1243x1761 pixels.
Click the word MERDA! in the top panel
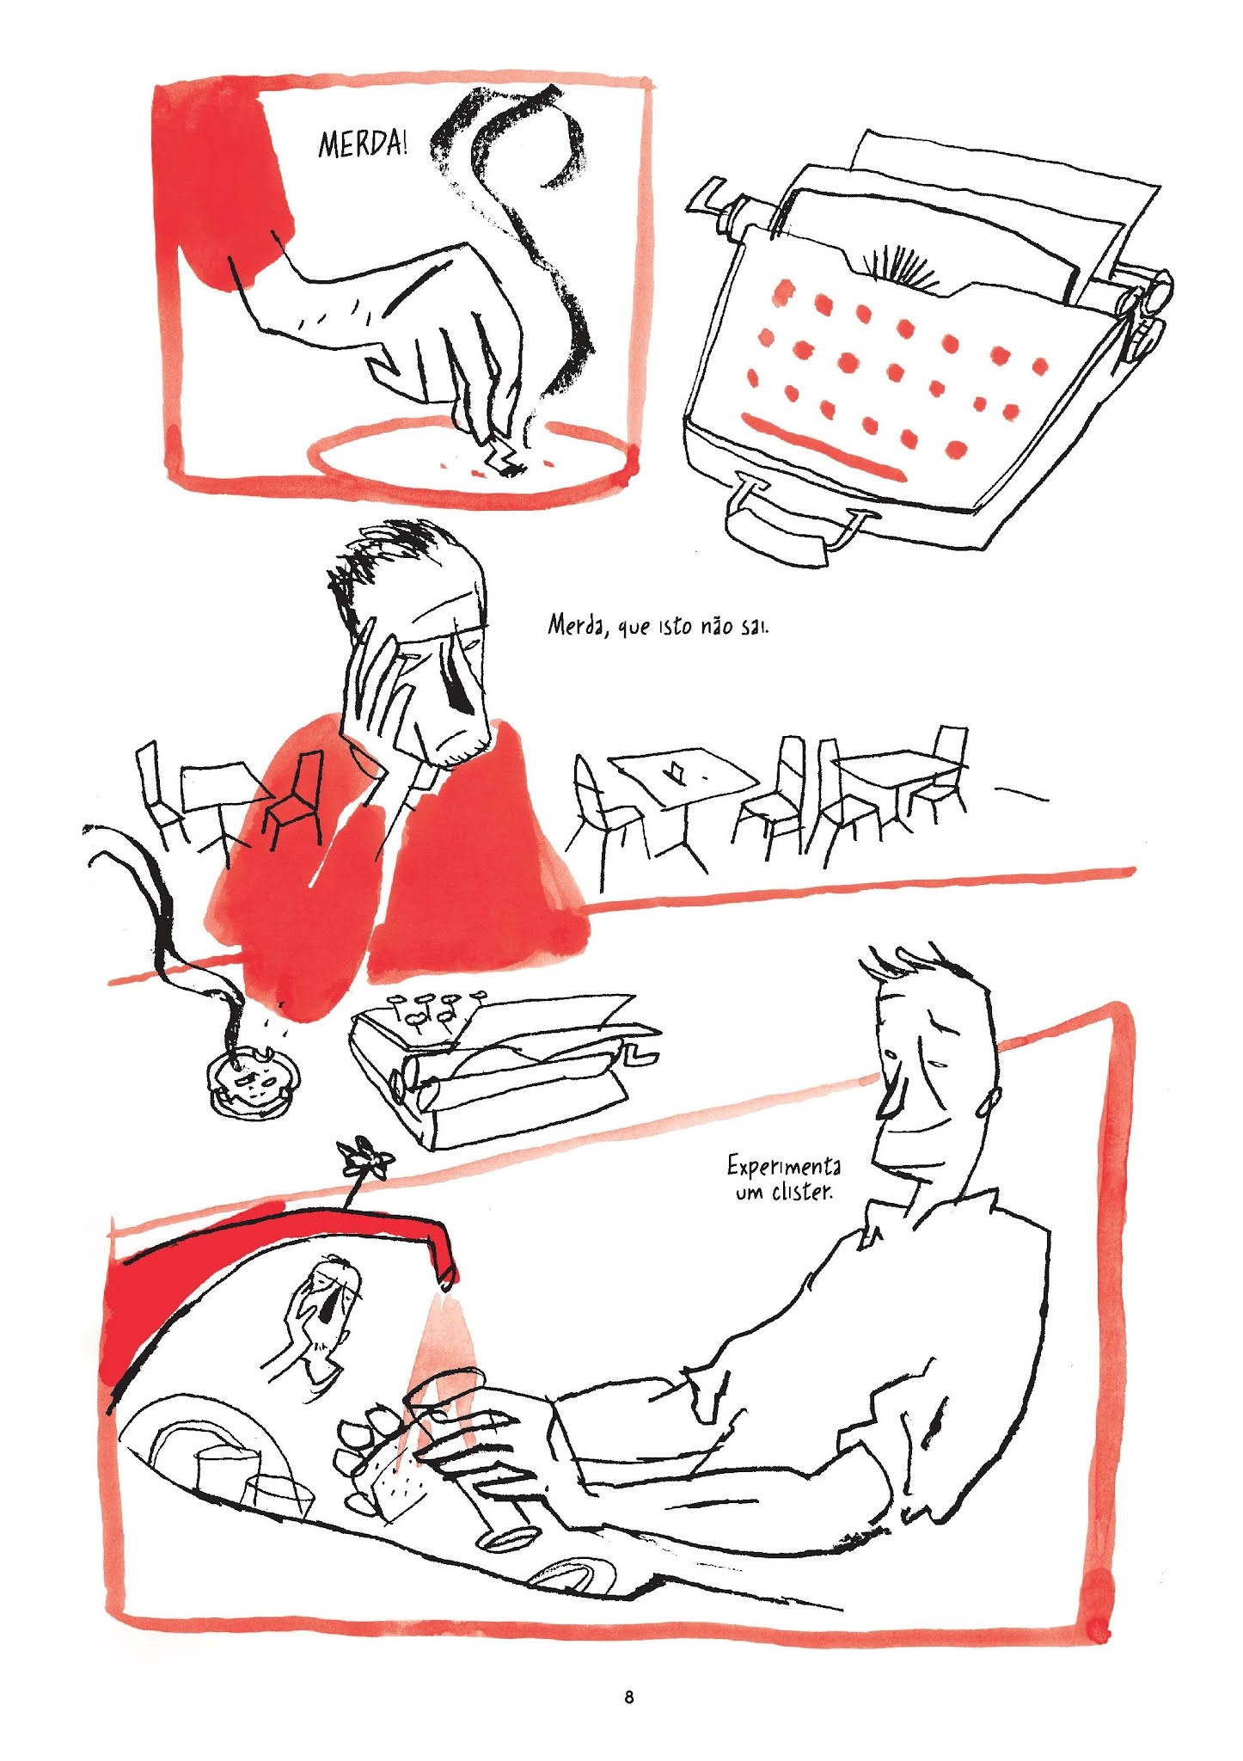[362, 143]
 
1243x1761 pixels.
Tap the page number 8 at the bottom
[629, 1697]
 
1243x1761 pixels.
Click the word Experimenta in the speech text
[784, 1166]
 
